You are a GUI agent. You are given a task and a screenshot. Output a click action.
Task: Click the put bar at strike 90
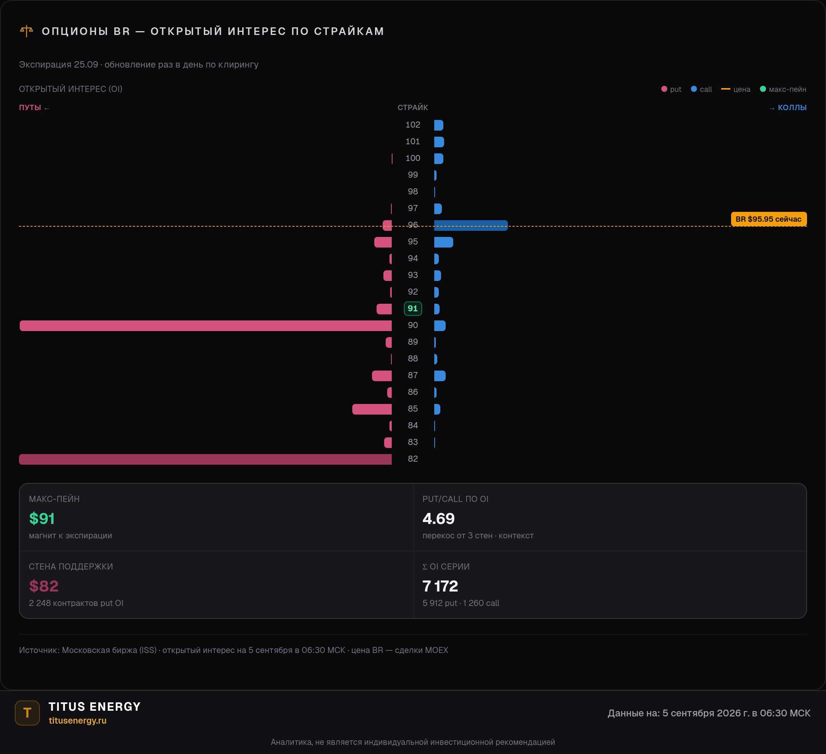206,326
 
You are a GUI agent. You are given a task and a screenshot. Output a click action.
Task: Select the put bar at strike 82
205,459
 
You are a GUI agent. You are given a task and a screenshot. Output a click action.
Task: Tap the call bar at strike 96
471,226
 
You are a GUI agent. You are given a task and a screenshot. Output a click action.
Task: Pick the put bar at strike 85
372,409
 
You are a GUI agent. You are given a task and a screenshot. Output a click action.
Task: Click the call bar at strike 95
444,242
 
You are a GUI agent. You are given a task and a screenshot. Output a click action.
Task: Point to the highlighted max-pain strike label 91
413,309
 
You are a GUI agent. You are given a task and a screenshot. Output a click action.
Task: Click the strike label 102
413,125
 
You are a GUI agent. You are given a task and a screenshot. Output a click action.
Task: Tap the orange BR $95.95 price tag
769,219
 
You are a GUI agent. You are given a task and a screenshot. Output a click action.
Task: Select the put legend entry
671,89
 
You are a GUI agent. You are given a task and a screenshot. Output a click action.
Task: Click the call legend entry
701,89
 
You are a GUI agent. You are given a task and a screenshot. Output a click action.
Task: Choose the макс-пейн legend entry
783,89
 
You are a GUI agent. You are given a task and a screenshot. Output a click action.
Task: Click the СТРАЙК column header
413,107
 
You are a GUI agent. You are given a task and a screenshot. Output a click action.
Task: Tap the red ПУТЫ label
30,107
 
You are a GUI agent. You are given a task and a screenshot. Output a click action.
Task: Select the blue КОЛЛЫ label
792,107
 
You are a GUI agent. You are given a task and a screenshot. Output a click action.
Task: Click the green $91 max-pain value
42,519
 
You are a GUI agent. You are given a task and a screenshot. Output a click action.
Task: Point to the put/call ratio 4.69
438,519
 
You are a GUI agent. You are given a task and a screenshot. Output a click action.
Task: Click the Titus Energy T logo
27,713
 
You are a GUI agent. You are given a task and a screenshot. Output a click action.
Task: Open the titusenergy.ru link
77,720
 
